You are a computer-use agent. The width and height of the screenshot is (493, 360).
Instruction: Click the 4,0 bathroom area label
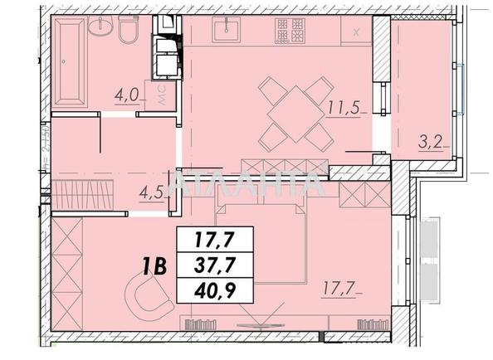[x=126, y=94]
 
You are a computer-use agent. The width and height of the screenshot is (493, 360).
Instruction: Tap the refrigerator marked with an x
[x=356, y=32]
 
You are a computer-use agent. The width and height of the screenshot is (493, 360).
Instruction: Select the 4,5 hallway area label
[x=150, y=195]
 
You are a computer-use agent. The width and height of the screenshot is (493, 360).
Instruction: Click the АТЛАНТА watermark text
[x=247, y=183]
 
